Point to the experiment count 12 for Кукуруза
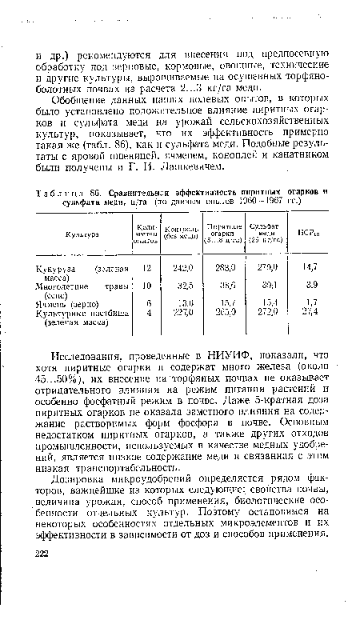146,268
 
